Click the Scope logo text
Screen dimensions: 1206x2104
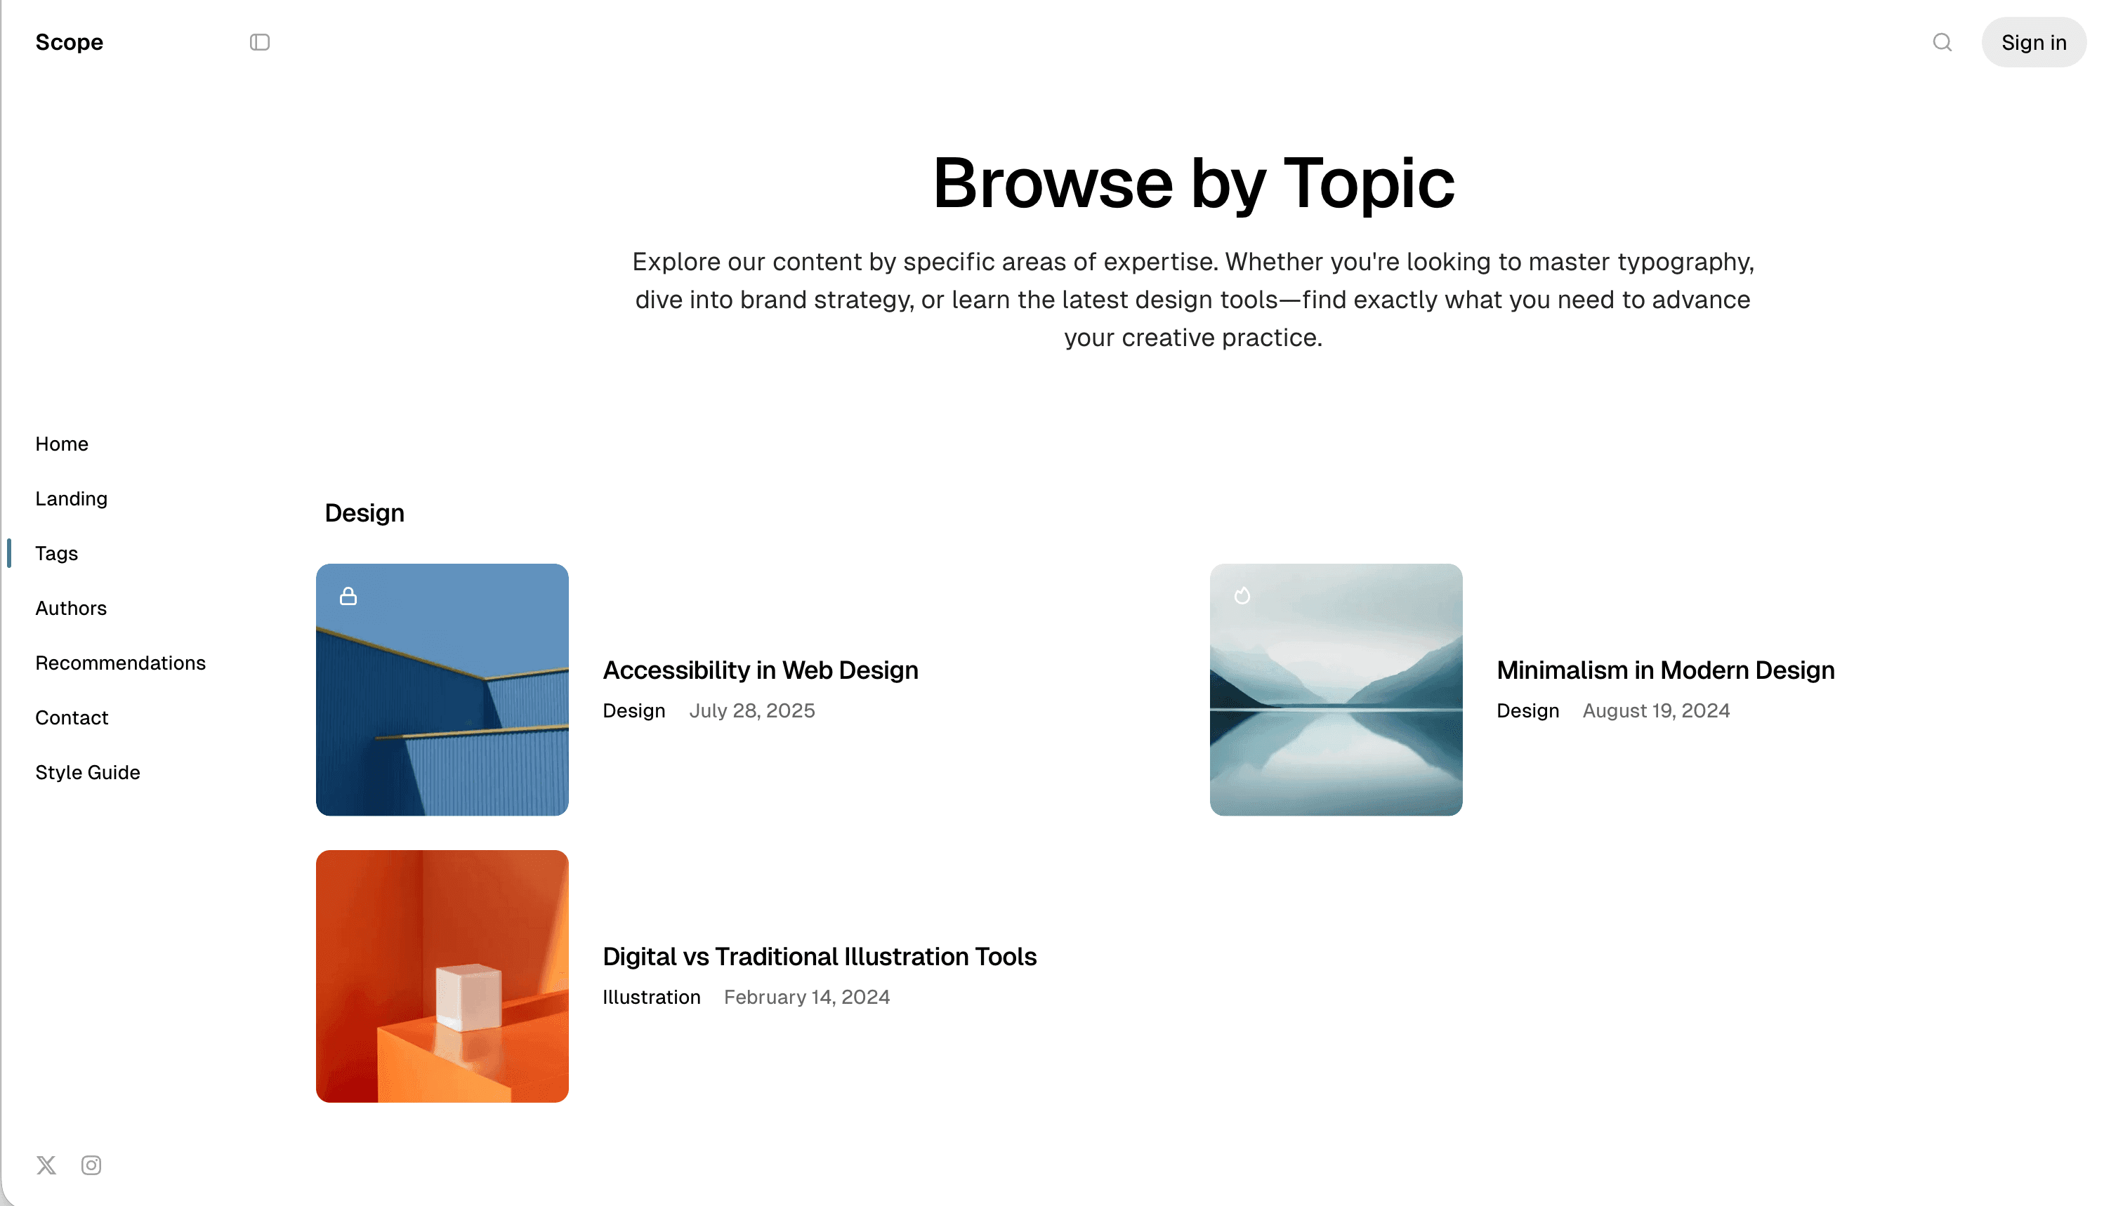(69, 42)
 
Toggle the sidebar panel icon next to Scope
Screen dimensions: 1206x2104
(259, 42)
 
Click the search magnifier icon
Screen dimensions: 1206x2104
(1942, 42)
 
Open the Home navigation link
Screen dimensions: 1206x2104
(61, 444)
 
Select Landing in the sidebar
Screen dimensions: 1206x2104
(71, 498)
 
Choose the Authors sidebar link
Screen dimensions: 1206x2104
(70, 608)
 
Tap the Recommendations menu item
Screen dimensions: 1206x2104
(120, 663)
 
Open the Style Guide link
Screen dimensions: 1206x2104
(87, 772)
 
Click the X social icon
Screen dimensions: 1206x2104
(46, 1165)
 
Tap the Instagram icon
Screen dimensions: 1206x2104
(91, 1165)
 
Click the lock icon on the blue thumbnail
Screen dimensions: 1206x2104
(348, 595)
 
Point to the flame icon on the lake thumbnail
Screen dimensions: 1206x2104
(1242, 595)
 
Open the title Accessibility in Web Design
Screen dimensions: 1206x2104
(760, 670)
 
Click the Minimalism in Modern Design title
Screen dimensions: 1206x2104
(1665, 670)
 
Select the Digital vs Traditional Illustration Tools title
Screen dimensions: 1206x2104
(819, 957)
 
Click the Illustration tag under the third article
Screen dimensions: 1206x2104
(650, 998)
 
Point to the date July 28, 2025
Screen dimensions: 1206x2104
(751, 710)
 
